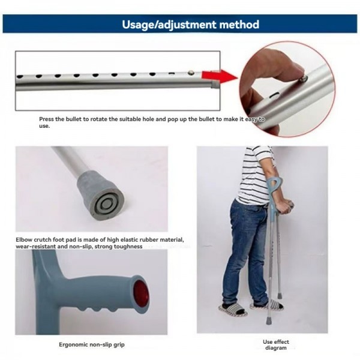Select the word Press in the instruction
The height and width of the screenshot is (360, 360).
pos(47,119)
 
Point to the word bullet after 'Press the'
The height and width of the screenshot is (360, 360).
pos(77,119)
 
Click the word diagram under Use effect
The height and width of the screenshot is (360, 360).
pos(276,348)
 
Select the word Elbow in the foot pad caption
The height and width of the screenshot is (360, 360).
pos(26,240)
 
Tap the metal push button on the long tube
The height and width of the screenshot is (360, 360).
pos(190,72)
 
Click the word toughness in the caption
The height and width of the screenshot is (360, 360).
pos(128,246)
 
